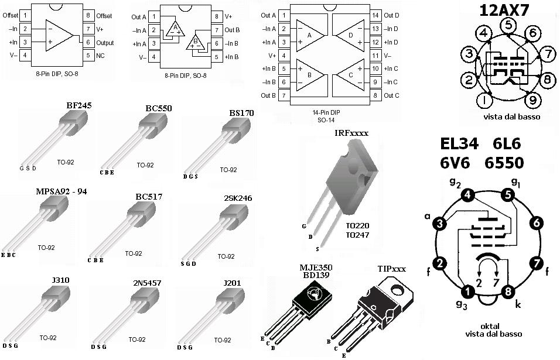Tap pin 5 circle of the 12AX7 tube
point(508,25)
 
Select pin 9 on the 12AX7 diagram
point(532,100)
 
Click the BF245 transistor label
point(79,105)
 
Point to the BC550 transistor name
point(158,108)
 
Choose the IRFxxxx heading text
point(351,133)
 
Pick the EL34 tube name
point(459,143)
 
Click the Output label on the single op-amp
point(105,43)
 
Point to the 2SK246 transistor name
point(238,198)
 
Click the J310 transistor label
point(60,280)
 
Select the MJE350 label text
point(316,268)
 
